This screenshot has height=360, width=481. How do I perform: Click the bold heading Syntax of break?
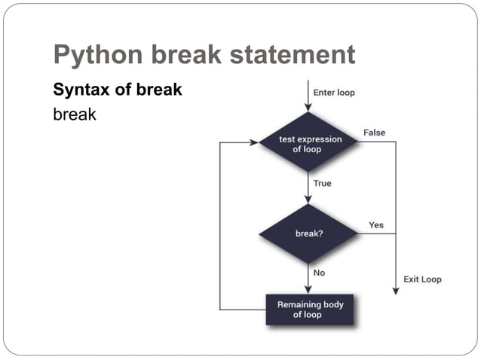pos(117,90)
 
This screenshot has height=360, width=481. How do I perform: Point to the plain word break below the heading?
pos(75,115)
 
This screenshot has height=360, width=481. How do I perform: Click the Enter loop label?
pos(334,93)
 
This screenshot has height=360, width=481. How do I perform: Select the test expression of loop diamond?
pos(310,144)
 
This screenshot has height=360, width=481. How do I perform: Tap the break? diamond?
pos(310,233)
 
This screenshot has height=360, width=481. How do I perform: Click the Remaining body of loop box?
pos(310,310)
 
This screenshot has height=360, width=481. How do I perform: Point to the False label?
pos(374,133)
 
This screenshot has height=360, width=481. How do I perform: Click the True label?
pos(322,183)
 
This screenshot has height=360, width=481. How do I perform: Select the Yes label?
pos(375,225)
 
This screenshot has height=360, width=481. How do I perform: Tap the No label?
pos(320,273)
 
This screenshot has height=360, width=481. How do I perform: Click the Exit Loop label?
pos(422,279)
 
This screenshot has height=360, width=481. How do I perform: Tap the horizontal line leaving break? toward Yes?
pos(377,233)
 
